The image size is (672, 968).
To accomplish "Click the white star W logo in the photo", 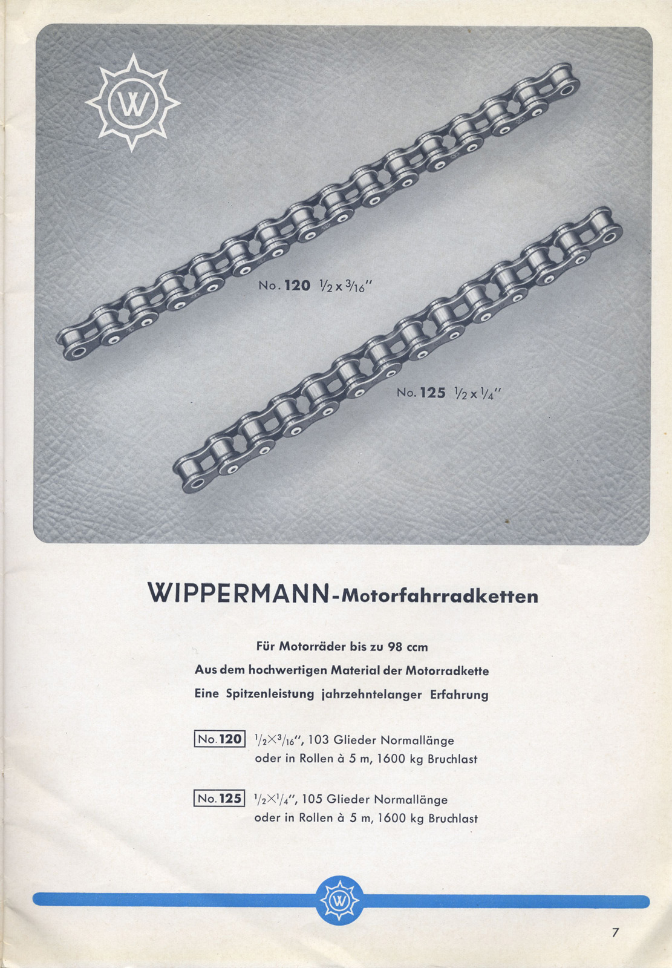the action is (x=132, y=103).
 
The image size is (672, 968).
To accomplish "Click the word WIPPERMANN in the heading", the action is (x=239, y=594).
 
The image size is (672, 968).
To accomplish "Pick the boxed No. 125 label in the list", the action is (x=220, y=798).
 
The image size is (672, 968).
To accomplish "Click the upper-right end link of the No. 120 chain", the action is (x=561, y=85).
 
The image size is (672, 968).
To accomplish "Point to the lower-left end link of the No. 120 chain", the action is (x=75, y=344).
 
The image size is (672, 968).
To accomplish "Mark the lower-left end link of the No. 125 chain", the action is (x=192, y=476).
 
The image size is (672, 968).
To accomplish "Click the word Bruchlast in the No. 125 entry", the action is (x=453, y=819).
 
